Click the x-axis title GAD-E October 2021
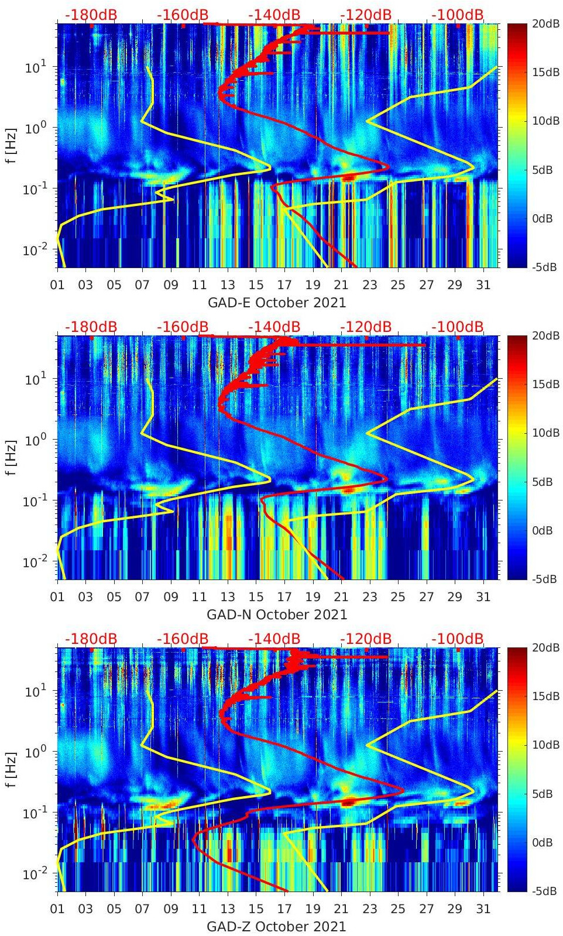[277, 303]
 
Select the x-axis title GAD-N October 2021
[277, 615]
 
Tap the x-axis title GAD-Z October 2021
[277, 927]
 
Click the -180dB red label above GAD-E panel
[91, 15]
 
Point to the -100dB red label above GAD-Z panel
[458, 639]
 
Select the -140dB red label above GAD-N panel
[274, 327]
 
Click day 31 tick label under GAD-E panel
[483, 285]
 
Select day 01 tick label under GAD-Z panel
[57, 909]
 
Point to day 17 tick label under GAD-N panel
[284, 597]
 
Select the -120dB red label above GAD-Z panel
[365, 639]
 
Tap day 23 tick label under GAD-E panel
[369, 285]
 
